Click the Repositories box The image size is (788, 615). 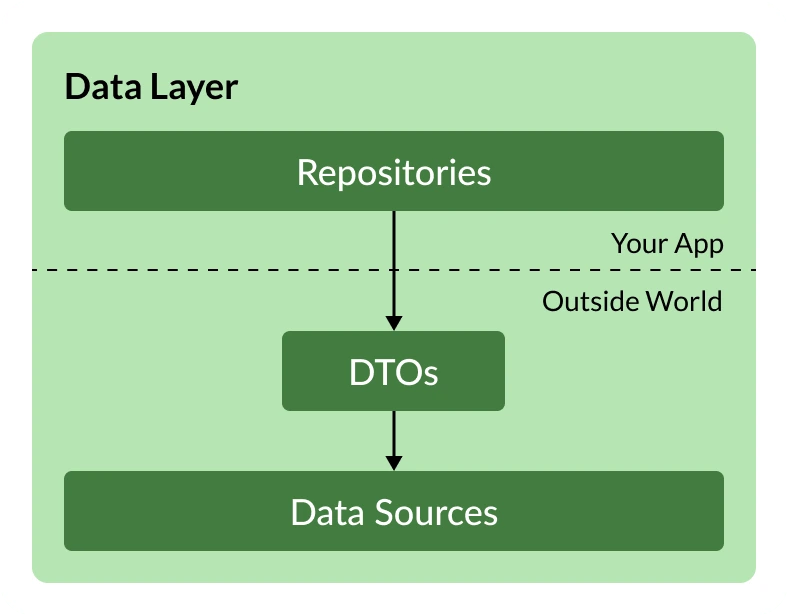pos(393,171)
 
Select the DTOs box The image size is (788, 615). pos(393,371)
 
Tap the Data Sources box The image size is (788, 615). pos(393,511)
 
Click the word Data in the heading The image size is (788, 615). pos(103,86)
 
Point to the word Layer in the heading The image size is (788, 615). pos(194,88)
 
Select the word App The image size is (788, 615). pos(699,245)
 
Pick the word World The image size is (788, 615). pos(684,301)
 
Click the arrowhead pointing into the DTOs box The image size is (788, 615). pos(394,323)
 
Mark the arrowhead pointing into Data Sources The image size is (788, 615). pos(394,463)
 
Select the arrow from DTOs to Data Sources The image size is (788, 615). pos(394,441)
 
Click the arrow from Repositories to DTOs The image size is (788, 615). pos(394,271)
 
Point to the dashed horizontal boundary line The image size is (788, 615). pos(394,270)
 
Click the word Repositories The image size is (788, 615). pos(394,173)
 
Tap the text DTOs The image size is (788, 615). pos(393,372)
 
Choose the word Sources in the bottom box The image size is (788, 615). pos(436,512)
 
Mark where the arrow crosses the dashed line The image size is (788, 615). pos(394,270)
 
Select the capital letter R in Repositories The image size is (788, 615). pos(308,172)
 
